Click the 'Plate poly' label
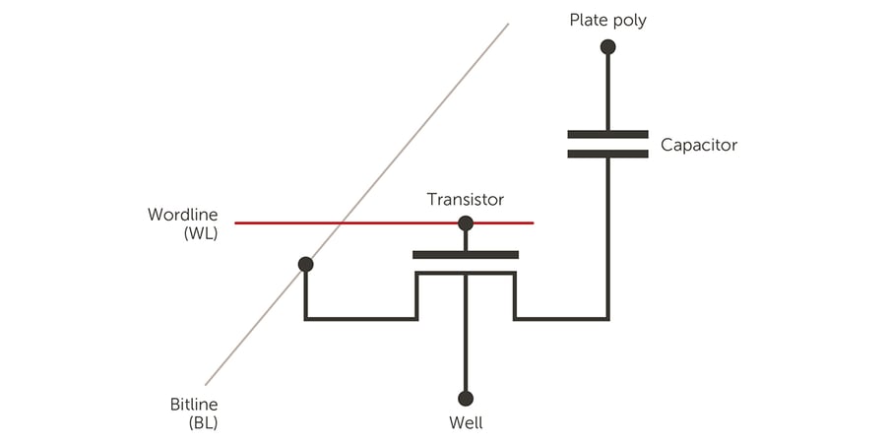[x=607, y=21]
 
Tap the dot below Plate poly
[x=607, y=46]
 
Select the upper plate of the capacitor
[x=607, y=133]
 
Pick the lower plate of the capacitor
[x=607, y=154]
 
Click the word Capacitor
[x=699, y=146]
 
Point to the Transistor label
[x=465, y=200]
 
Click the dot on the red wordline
[x=466, y=223]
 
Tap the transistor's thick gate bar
[x=466, y=255]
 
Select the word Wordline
[x=183, y=215]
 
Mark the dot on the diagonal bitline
[x=305, y=264]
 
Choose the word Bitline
[x=193, y=405]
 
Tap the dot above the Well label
[x=466, y=399]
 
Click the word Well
[x=466, y=424]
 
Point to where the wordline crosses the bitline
[x=340, y=223]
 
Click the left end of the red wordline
[x=236, y=223]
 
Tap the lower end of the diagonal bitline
[x=206, y=384]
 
